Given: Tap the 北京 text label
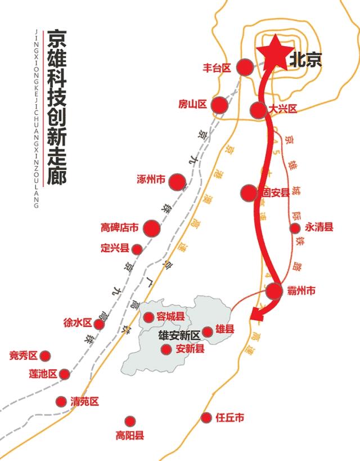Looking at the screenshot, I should point(305,60).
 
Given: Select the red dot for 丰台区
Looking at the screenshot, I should point(245,68).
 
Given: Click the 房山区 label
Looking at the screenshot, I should point(193,104).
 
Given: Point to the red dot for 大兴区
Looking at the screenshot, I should point(258,110).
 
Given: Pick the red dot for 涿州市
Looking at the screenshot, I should point(178,181).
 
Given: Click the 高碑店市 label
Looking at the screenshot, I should point(120,228).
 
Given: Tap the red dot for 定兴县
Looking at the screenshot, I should point(137,249).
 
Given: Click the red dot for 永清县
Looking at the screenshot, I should point(295,228).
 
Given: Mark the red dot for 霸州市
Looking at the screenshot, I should point(274,291).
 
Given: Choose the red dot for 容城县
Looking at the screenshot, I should point(149,317).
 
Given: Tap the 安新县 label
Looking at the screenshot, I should point(191,350).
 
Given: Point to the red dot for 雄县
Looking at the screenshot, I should point(208,332).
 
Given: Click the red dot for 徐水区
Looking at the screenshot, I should point(99,324).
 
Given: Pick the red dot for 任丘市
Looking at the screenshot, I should point(206,418).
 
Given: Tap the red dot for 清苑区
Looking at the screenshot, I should point(61,401).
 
